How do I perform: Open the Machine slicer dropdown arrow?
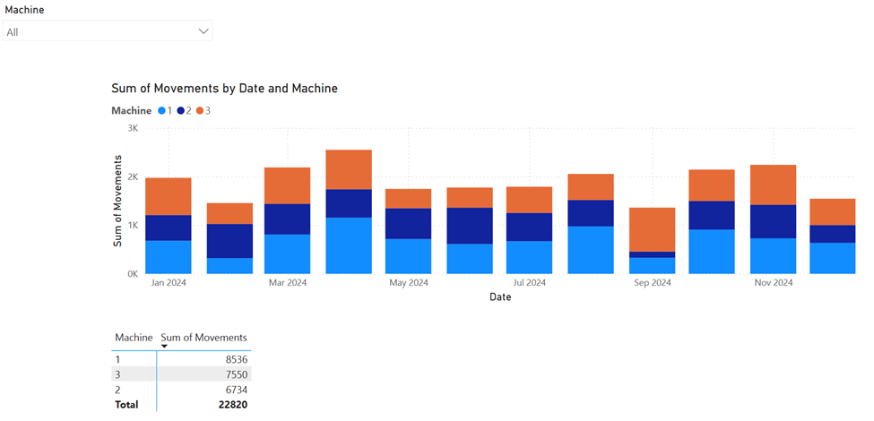pyautogui.click(x=203, y=31)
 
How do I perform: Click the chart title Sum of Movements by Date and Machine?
pyautogui.click(x=223, y=89)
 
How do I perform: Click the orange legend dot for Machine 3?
pyautogui.click(x=200, y=111)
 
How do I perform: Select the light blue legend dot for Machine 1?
pyautogui.click(x=161, y=111)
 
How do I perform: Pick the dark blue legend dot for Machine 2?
pyautogui.click(x=180, y=111)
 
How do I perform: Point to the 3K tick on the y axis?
pyautogui.click(x=131, y=128)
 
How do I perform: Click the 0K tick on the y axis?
pyautogui.click(x=131, y=273)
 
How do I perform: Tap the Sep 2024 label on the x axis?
pyautogui.click(x=652, y=283)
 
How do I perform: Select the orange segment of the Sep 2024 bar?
pyautogui.click(x=652, y=229)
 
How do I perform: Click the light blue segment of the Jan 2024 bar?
pyautogui.click(x=168, y=257)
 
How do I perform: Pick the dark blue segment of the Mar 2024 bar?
pyautogui.click(x=287, y=219)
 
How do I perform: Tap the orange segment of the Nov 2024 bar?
pyautogui.click(x=773, y=185)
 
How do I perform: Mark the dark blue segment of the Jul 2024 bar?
pyautogui.click(x=529, y=227)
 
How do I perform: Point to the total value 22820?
pyautogui.click(x=229, y=405)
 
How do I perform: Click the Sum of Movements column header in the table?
pyautogui.click(x=203, y=338)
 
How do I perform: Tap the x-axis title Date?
pyautogui.click(x=500, y=297)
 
